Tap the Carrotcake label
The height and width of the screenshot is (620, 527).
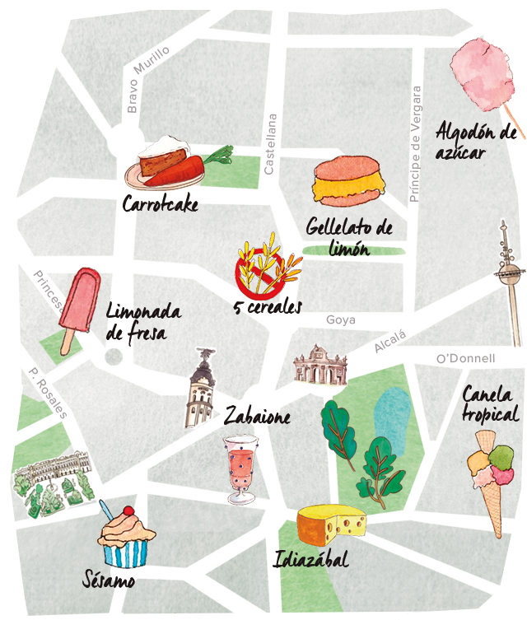coord(160,203)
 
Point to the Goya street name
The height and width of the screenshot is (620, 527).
coord(339,319)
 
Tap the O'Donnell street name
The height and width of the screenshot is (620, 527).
coord(465,358)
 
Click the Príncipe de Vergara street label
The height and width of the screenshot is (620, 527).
coord(415,144)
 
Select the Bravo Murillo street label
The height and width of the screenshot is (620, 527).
coord(147,79)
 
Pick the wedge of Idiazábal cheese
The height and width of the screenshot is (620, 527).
coord(331,524)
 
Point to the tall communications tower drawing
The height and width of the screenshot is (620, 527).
coord(506,280)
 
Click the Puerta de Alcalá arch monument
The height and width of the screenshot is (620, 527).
coord(321,364)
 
